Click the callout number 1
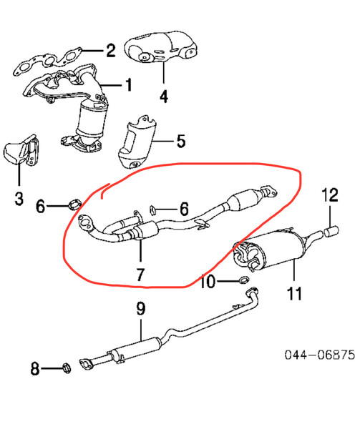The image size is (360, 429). tap(128, 85)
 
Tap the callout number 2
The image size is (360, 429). tap(111, 50)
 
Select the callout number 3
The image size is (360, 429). tap(19, 198)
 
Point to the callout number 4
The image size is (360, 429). tap(164, 97)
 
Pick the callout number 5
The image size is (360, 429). tap(181, 141)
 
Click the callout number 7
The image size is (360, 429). tap(140, 275)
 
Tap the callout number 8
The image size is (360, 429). tap(35, 368)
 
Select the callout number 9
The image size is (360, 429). tap(140, 308)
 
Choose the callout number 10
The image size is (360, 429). tap(208, 282)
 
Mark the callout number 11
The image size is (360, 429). tap(294, 293)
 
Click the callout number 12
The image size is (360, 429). tap(330, 194)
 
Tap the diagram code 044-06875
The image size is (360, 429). tap(320, 355)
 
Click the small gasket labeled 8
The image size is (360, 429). tap(67, 368)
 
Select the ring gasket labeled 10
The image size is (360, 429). tap(244, 280)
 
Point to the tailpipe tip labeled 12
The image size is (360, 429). tap(332, 230)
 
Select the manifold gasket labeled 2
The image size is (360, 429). tap(48, 61)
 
